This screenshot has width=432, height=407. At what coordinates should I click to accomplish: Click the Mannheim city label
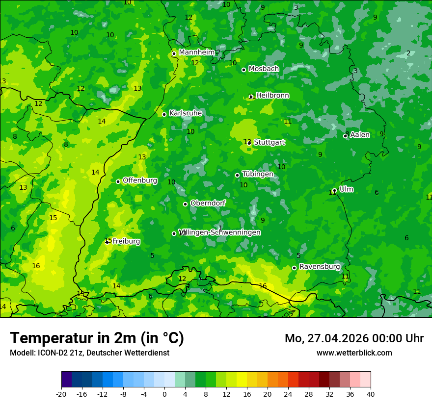point(197,52)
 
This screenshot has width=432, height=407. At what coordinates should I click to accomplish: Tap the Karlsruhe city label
point(186,113)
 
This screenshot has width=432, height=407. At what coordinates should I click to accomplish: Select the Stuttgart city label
point(269,142)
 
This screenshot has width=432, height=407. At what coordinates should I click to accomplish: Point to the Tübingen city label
point(258,174)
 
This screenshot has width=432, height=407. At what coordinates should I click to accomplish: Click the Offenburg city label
point(140,180)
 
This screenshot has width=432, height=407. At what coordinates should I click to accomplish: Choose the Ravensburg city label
point(320,267)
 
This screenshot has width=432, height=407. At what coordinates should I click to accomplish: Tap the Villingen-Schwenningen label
point(220,232)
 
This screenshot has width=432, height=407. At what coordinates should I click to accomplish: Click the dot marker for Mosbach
point(243,70)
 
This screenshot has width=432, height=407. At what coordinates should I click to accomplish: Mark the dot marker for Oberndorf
point(185,204)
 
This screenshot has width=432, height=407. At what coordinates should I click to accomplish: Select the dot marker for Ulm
point(334,190)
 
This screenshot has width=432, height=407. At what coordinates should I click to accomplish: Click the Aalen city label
point(360,135)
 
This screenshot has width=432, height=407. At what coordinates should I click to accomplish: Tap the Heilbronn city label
point(272,96)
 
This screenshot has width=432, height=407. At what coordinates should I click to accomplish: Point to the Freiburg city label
point(126,241)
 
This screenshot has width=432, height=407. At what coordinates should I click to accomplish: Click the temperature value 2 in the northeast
point(408,53)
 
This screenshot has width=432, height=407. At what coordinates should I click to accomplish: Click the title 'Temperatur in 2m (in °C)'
point(97,338)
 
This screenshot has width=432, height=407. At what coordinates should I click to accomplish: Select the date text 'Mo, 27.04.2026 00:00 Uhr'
point(354,338)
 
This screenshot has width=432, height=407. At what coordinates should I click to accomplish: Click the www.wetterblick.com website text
point(354,353)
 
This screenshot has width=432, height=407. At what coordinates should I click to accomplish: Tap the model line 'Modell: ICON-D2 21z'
point(89,353)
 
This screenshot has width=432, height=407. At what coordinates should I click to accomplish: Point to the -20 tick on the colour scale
point(61,394)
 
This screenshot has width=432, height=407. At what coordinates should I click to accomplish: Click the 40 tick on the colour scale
point(370,394)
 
